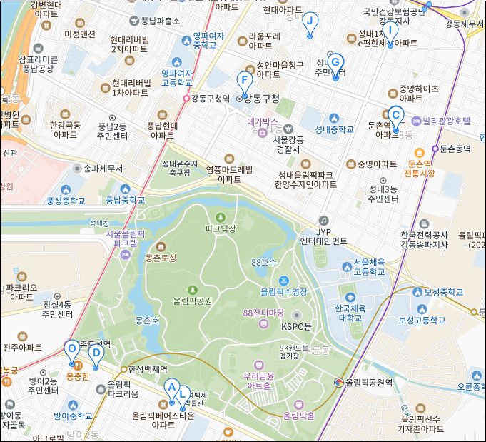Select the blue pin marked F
[244, 81]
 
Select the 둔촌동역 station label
[456, 149]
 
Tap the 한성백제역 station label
[148, 369]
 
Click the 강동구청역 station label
[210, 99]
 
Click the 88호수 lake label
[263, 263]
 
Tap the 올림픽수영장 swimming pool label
[284, 291]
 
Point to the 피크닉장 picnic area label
[220, 228]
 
